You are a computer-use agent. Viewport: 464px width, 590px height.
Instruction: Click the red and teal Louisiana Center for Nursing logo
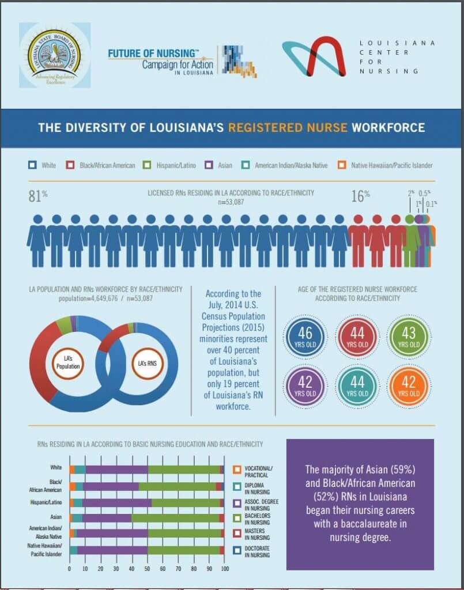click(x=315, y=56)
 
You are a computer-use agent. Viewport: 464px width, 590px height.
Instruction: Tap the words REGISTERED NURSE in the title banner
click(x=288, y=127)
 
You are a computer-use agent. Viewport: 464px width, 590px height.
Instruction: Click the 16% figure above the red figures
click(x=360, y=196)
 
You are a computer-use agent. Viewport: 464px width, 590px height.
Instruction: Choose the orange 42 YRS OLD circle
click(x=408, y=385)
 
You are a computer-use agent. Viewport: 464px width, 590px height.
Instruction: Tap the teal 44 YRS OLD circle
click(x=357, y=385)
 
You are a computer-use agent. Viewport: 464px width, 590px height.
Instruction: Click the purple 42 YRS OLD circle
click(x=305, y=385)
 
